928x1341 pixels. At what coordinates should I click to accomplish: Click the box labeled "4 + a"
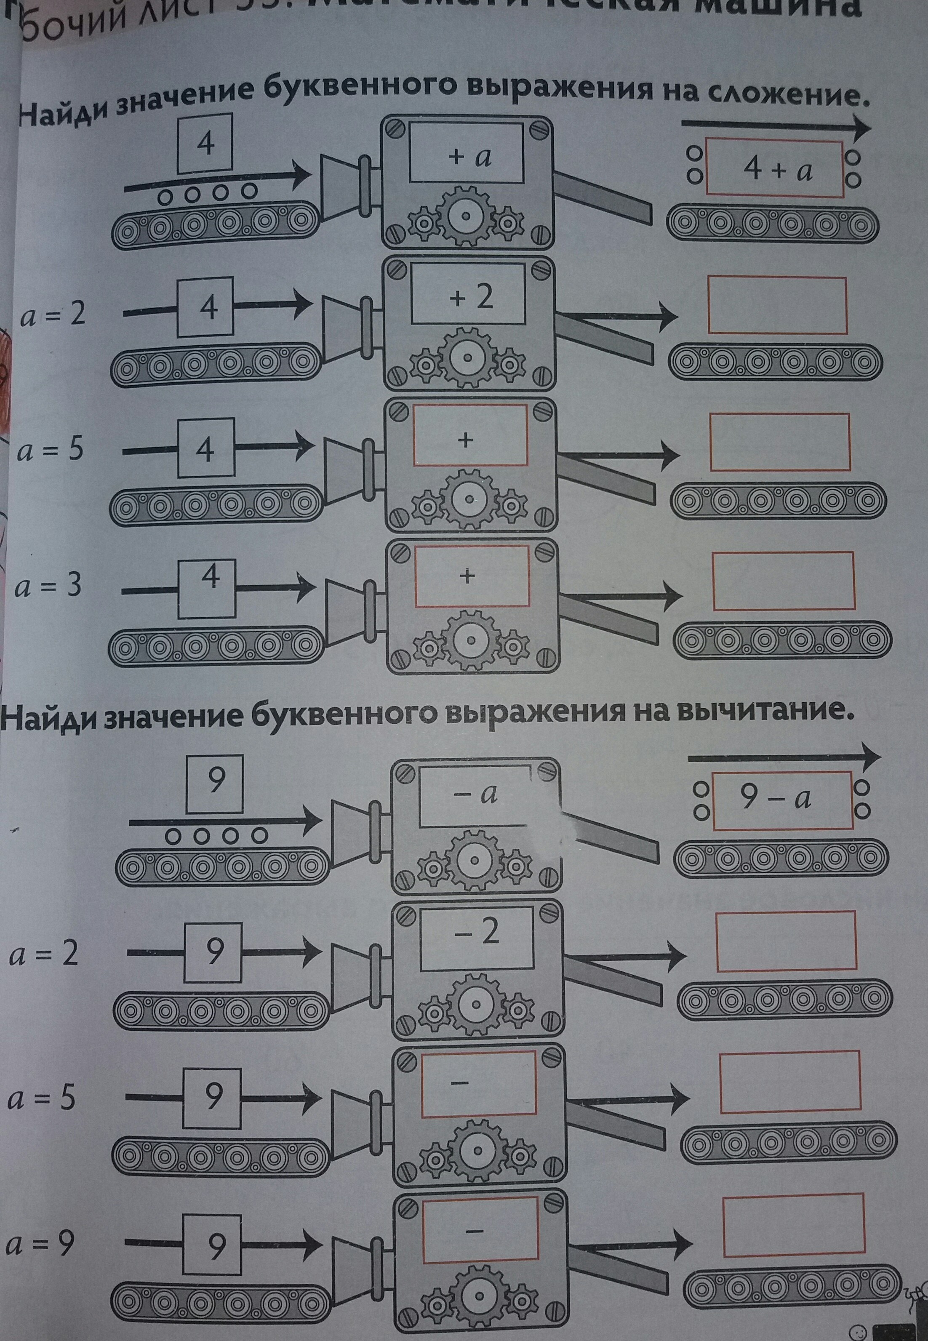[x=774, y=168]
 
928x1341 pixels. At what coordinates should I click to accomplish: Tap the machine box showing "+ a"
[x=467, y=153]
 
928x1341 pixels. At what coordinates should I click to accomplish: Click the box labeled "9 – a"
[x=783, y=800]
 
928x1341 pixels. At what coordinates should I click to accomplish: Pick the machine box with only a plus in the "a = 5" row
[x=470, y=435]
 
